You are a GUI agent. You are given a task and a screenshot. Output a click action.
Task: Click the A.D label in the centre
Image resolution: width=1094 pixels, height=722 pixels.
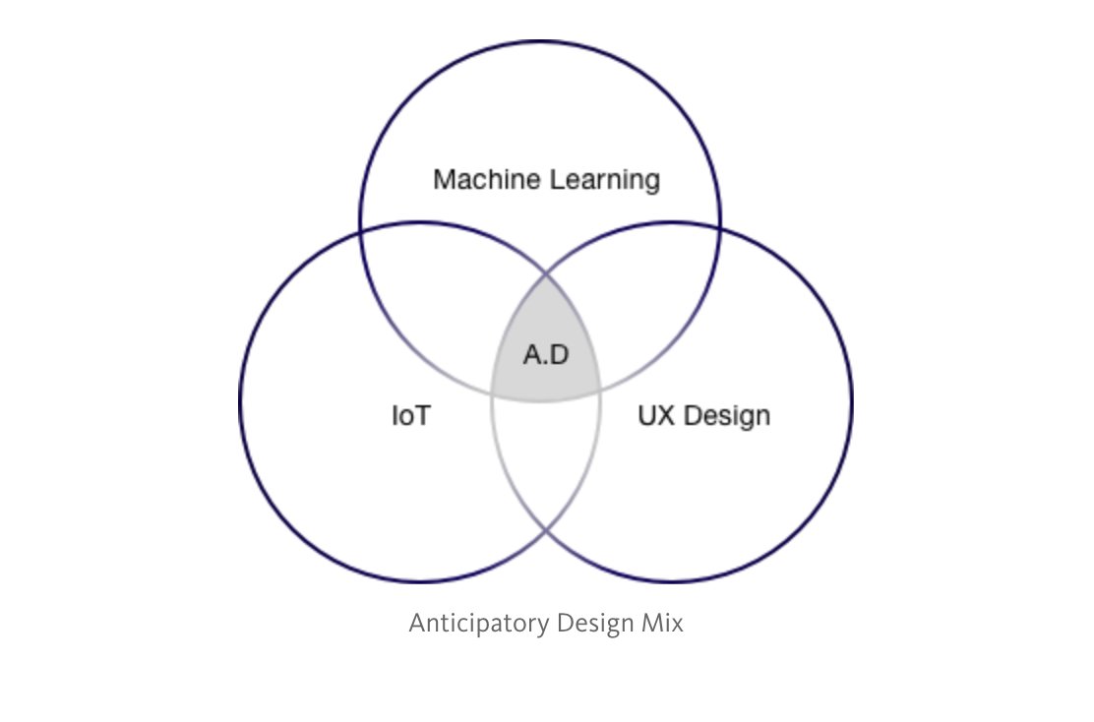[546, 355]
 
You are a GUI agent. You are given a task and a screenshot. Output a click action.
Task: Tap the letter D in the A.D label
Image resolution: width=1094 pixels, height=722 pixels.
[560, 355]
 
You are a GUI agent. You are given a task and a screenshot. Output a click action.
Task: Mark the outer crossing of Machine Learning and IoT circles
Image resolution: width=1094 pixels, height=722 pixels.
[361, 231]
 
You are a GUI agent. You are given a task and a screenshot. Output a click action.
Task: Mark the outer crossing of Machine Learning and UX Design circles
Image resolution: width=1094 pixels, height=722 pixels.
[720, 231]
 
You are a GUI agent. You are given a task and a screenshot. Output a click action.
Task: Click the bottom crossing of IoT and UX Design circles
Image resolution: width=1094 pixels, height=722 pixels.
[546, 531]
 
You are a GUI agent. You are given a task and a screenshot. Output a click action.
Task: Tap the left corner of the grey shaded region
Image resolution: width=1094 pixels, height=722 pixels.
[492, 391]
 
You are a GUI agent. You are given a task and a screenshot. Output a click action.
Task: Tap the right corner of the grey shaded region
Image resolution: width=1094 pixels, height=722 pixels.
[600, 391]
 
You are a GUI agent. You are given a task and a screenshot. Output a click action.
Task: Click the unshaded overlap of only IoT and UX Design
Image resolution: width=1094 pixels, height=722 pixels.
[546, 452]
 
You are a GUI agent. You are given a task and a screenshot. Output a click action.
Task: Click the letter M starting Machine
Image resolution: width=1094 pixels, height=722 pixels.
[443, 180]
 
